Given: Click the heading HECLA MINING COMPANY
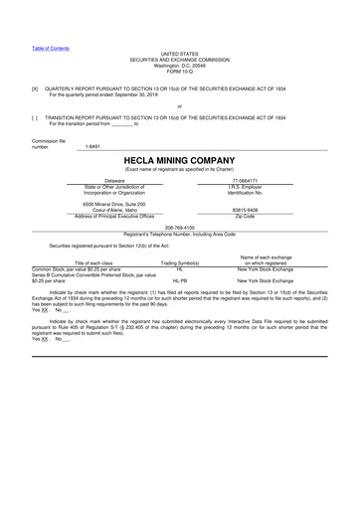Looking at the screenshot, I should pos(179,159).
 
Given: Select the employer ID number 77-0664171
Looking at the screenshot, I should pos(245,181).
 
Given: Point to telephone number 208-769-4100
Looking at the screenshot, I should pos(179,226).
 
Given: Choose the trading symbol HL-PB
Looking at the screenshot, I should pos(180,281).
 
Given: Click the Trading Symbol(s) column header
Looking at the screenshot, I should pos(180,262).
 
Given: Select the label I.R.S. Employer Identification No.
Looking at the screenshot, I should pos(245,190).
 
